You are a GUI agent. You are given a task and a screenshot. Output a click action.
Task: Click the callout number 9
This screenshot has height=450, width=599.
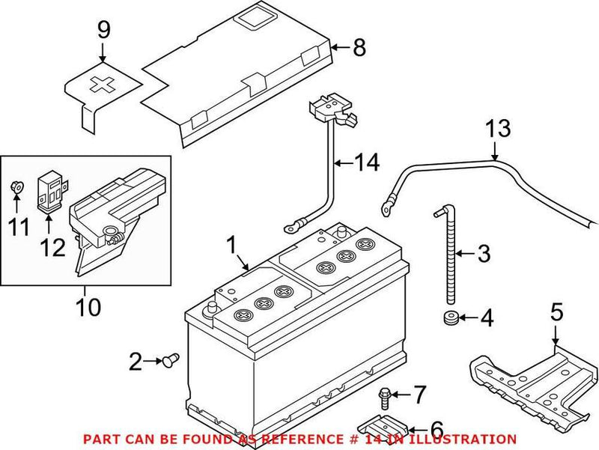103,30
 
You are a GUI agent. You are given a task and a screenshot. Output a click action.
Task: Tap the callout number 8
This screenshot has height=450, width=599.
359,49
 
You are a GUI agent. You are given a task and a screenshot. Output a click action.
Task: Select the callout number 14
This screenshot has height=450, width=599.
368,161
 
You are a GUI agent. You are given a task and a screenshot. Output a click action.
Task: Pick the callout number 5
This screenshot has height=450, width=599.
556,311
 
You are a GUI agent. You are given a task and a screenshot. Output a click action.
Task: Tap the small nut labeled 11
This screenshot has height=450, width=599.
17,186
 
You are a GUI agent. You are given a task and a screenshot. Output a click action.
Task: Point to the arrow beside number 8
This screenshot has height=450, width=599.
339,49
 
